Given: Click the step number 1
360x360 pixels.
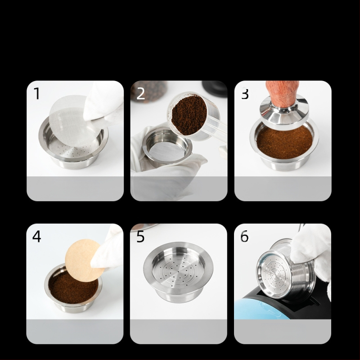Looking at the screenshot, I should click(37, 94).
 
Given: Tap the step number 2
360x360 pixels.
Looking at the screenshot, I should click(141, 94).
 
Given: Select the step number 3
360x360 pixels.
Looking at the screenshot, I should click(245, 94).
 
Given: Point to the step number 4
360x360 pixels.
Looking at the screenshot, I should click(37, 236).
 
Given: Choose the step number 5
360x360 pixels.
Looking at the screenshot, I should click(141, 236).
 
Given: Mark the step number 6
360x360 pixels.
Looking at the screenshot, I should click(245, 236).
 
